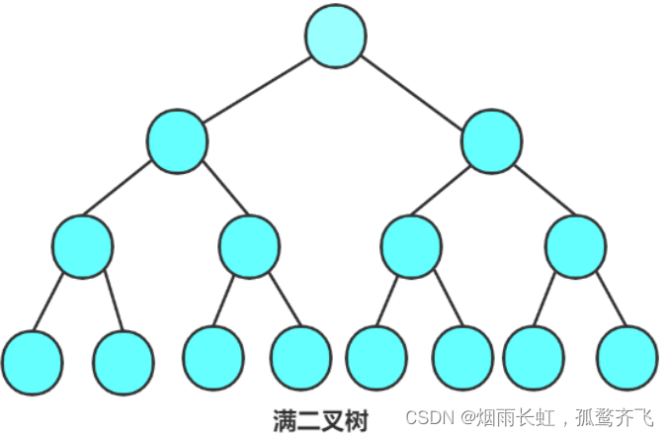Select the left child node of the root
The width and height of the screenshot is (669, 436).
(x=178, y=139)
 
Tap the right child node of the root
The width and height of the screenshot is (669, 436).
(x=491, y=139)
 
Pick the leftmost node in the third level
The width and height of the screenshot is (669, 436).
(x=82, y=245)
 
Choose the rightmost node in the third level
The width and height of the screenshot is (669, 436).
(x=575, y=245)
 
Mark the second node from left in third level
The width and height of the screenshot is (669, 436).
(x=249, y=245)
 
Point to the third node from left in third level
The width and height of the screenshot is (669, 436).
(x=410, y=245)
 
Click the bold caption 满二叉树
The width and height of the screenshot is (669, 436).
(x=320, y=420)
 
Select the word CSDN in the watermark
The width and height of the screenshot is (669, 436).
(x=427, y=418)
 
